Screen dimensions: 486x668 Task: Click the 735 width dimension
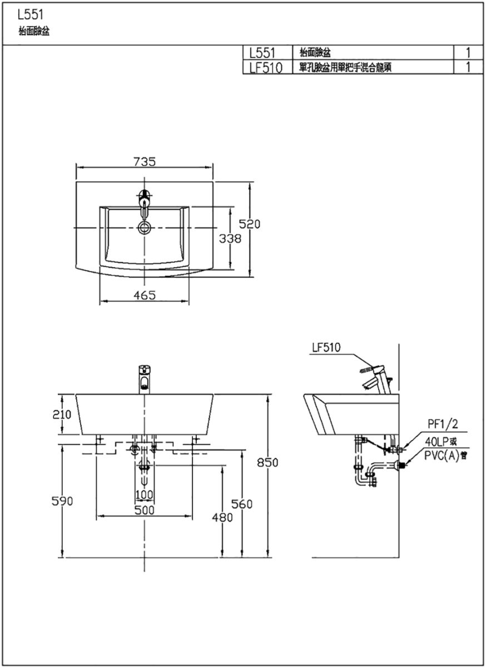pyautogui.click(x=145, y=161)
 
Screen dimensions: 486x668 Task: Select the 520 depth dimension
pyautogui.click(x=250, y=224)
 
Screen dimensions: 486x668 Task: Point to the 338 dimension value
pyautogui.click(x=230, y=239)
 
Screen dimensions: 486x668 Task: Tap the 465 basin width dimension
pyautogui.click(x=145, y=295)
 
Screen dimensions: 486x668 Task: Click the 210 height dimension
pyautogui.click(x=62, y=415)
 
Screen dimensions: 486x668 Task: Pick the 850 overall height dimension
pyautogui.click(x=267, y=463)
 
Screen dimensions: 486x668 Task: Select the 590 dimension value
pyautogui.click(x=62, y=502)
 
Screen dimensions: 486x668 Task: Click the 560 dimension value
pyautogui.click(x=242, y=504)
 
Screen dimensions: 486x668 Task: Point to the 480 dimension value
pyautogui.click(x=222, y=517)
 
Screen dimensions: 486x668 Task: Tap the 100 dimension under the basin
pyautogui.click(x=145, y=495)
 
